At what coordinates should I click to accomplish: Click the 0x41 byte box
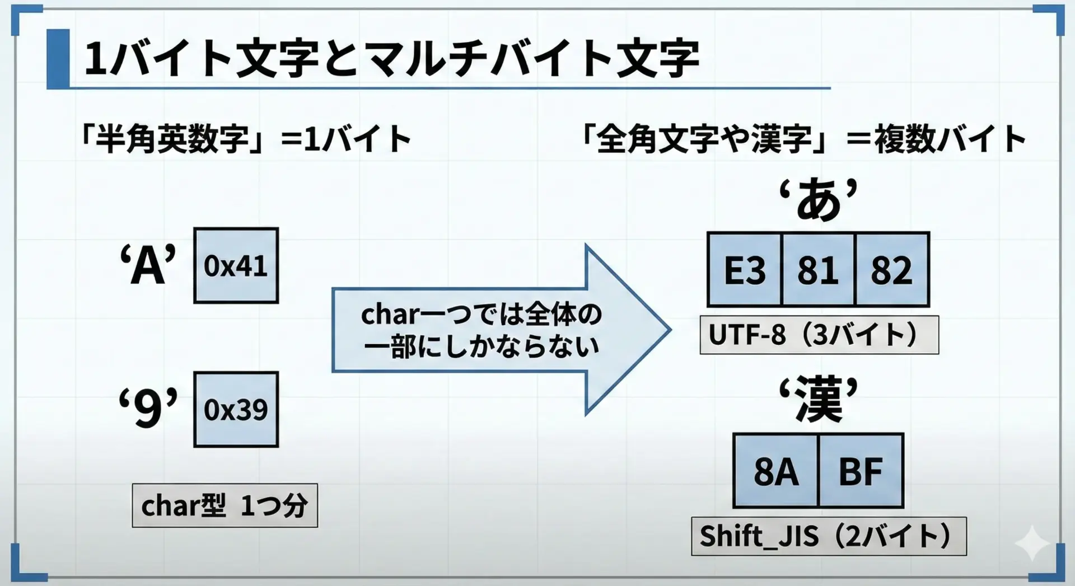click(236, 265)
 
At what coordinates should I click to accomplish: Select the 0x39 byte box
click(236, 409)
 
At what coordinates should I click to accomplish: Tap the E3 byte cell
click(744, 270)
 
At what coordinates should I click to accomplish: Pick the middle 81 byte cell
click(818, 270)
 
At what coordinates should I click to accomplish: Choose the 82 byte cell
click(891, 270)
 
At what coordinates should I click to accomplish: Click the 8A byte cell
click(775, 471)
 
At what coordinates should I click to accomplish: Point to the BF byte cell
click(861, 471)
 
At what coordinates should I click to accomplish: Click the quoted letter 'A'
click(148, 266)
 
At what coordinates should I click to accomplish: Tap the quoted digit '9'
click(148, 409)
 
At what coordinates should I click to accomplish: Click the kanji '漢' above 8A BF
click(818, 400)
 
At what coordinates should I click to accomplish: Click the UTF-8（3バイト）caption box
click(819, 335)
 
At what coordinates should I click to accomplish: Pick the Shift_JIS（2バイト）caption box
click(828, 536)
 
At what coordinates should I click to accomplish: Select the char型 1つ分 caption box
click(225, 505)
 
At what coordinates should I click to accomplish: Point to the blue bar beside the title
click(58, 59)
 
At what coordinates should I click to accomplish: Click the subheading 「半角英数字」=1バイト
click(246, 139)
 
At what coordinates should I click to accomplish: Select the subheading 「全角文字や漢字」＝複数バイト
click(804, 139)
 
